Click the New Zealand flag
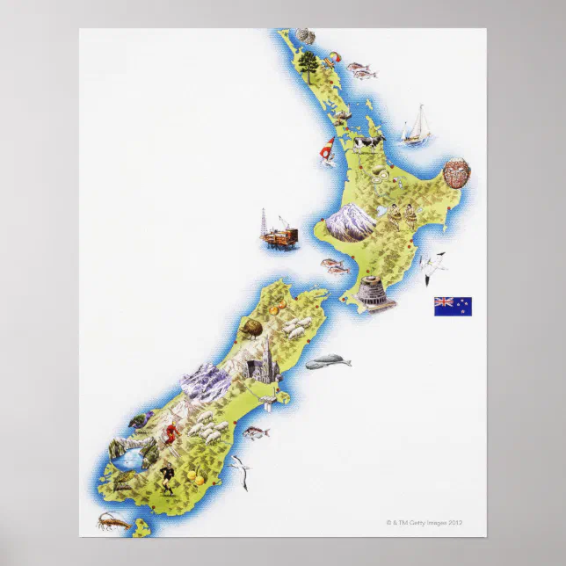453,306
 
